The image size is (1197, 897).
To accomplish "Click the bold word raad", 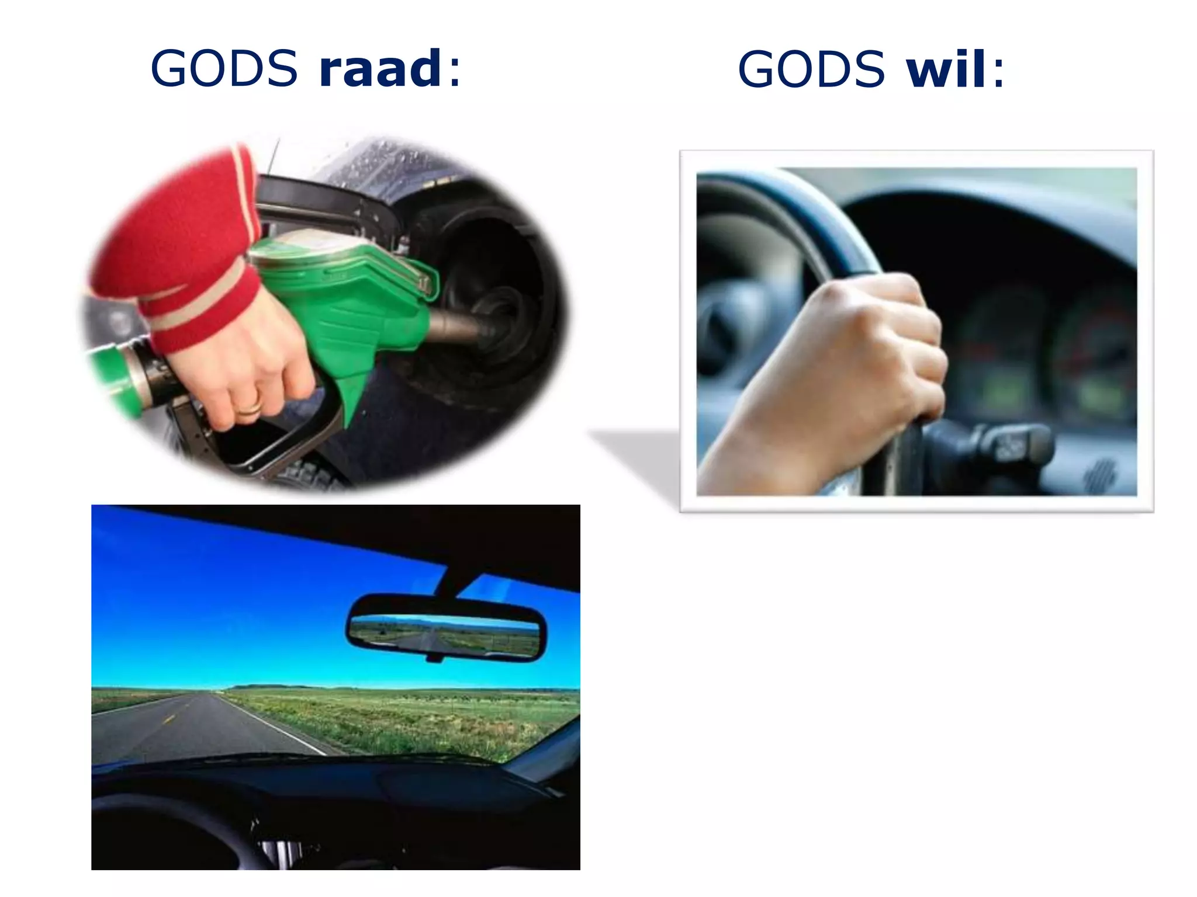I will [380, 69].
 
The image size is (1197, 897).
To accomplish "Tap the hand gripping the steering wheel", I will [859, 350].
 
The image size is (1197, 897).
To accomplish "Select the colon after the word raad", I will [455, 73].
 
